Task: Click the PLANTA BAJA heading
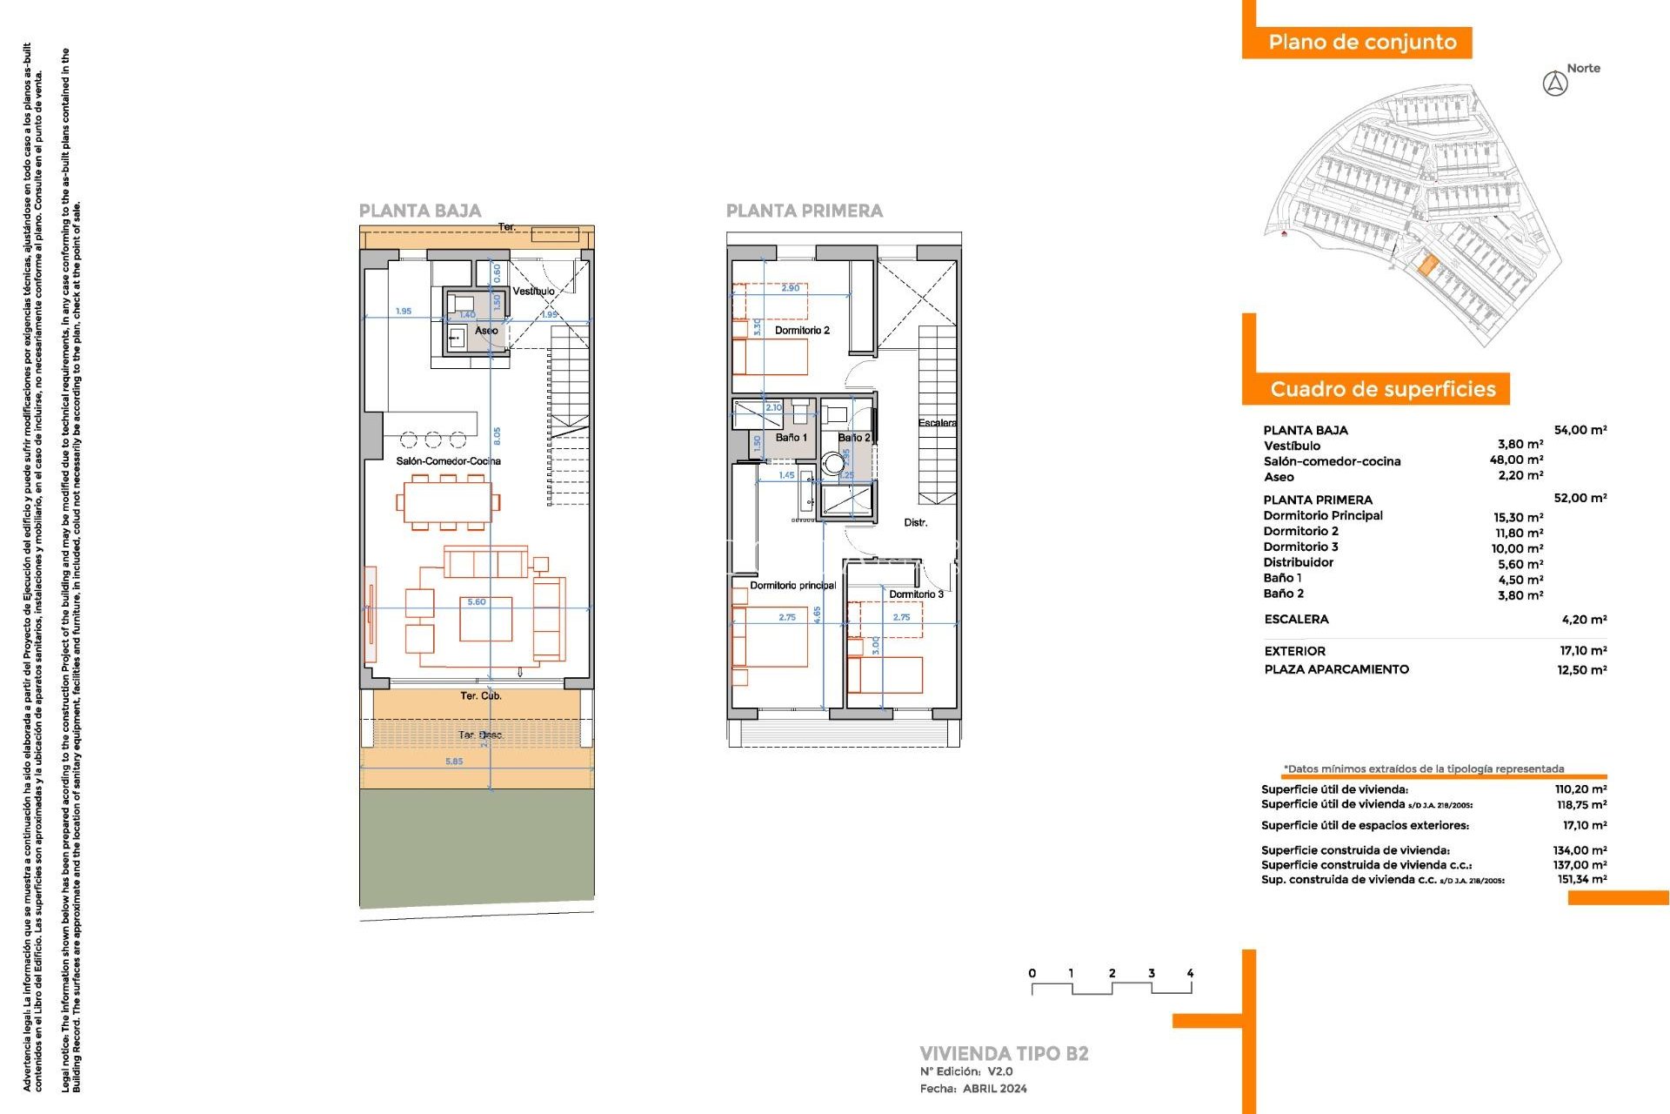coord(419,211)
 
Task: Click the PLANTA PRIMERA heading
coord(804,211)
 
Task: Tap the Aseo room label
coord(486,331)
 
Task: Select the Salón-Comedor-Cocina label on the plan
coord(448,461)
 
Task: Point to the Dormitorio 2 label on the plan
coord(802,331)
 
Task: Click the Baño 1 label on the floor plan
coord(792,438)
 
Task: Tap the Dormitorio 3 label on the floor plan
coord(916,594)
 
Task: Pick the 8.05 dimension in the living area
coord(497,435)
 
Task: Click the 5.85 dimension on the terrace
coord(454,762)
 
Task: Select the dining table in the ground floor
coord(448,502)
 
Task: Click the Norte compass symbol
coord(1555,84)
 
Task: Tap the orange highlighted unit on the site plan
coord(1426,265)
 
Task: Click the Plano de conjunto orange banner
coord(1361,43)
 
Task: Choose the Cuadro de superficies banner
coord(1382,389)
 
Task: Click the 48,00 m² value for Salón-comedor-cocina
coord(1516,460)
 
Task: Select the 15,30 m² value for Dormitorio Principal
coord(1518,517)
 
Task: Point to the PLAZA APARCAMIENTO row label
coord(1336,669)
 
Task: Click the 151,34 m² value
coord(1581,880)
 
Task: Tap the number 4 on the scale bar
coord(1190,973)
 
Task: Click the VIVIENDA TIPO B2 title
coord(1004,1054)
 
